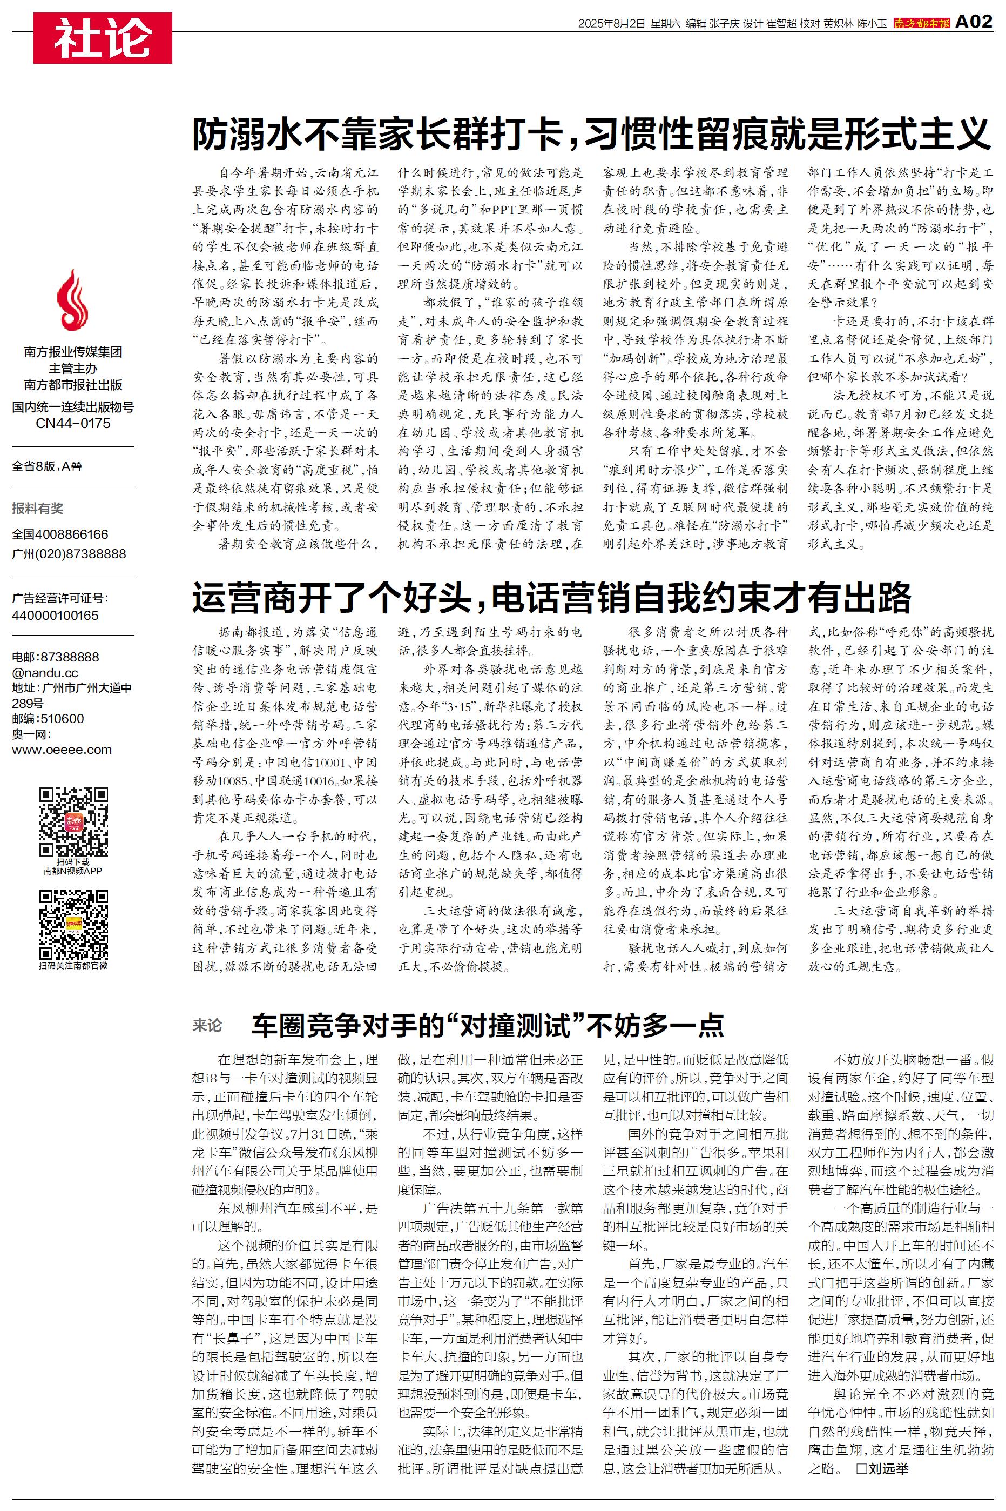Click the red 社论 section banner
tap(103, 38)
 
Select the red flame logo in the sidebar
tap(72, 300)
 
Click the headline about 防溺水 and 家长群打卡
tap(591, 133)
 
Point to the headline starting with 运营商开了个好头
tap(551, 598)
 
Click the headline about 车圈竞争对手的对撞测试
tap(488, 1025)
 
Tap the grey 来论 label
tap(207, 1025)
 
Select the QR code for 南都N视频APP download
tap(73, 821)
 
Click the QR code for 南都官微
tap(73, 924)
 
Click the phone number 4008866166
tap(71, 534)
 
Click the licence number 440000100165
tap(55, 615)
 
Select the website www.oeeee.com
tap(62, 750)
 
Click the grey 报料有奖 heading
tap(38, 509)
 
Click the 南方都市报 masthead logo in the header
tap(921, 23)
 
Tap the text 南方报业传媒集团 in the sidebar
tap(73, 352)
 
